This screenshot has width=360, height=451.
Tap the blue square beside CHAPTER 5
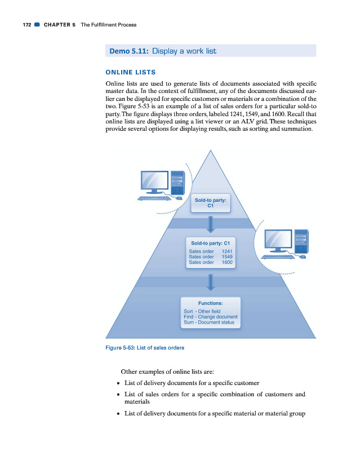click(x=37, y=25)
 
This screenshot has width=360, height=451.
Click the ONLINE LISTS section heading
click(x=131, y=72)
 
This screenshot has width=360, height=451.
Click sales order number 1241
click(x=227, y=251)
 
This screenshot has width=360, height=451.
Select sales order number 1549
click(x=227, y=257)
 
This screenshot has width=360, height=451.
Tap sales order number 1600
click(x=227, y=262)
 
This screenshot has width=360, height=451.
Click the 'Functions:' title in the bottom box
click(x=210, y=303)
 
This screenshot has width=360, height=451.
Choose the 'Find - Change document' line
click(x=211, y=317)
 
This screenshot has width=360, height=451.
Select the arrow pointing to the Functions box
click(x=210, y=281)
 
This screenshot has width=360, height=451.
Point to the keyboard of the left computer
click(x=155, y=198)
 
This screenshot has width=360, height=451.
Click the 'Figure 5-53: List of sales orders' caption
click(x=145, y=347)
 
